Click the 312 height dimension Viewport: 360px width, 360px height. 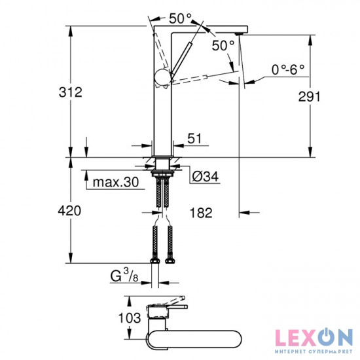click(71, 92)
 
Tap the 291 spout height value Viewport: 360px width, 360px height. click(309, 96)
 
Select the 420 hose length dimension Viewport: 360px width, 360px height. click(69, 211)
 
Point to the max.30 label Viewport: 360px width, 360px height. click(116, 182)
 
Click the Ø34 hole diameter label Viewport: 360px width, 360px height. click(206, 177)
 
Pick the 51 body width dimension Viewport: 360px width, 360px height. click(194, 139)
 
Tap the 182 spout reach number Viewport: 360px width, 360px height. click(201, 213)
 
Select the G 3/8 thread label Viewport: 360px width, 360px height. click(124, 276)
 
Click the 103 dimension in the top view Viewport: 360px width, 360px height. click(130, 318)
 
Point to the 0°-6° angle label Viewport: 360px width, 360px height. click(288, 69)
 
